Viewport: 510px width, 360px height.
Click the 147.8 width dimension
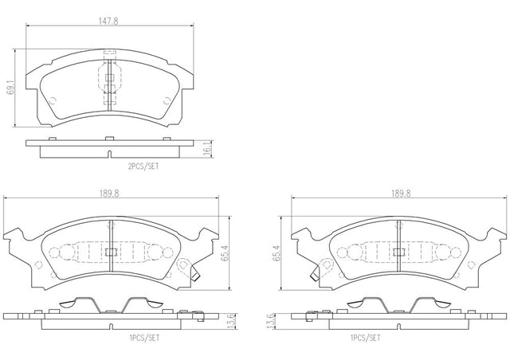(108, 22)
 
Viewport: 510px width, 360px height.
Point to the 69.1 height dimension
(12, 88)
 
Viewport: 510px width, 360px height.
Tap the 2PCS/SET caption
(143, 166)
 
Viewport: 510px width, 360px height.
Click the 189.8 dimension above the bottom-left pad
(109, 194)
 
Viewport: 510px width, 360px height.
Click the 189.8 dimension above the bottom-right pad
(401, 194)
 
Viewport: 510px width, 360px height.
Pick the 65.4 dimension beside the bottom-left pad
(225, 253)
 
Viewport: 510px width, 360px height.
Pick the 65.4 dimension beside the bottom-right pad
(277, 253)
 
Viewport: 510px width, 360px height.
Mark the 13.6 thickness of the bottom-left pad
(233, 321)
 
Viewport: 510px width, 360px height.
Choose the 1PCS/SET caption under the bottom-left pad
(143, 338)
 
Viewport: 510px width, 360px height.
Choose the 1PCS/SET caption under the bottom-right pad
(365, 338)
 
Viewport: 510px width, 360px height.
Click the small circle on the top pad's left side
(53, 100)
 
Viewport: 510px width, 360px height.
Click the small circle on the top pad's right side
(167, 101)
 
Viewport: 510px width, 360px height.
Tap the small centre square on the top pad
(110, 77)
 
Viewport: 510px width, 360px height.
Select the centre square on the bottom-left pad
(111, 252)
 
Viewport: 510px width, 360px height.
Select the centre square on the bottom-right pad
(398, 252)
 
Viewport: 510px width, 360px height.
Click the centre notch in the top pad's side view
(110, 155)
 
